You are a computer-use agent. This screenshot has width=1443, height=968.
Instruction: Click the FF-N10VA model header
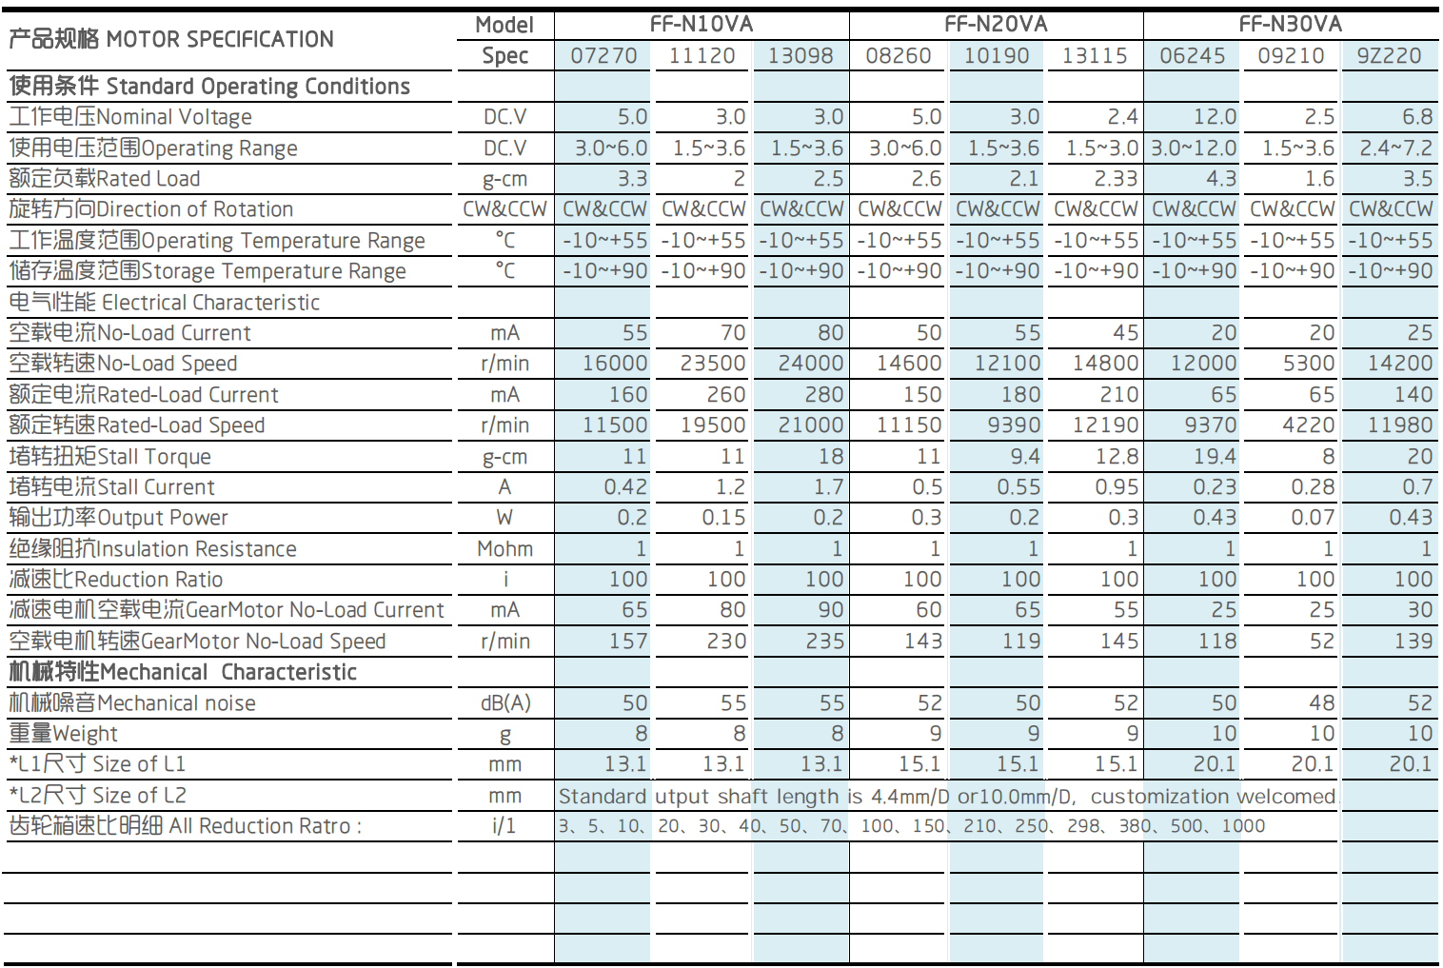coord(701,25)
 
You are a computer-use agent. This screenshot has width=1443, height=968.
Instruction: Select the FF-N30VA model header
coord(1291,25)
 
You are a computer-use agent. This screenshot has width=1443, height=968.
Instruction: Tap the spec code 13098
coord(801,56)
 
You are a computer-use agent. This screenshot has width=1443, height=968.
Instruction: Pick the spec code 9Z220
coord(1390,56)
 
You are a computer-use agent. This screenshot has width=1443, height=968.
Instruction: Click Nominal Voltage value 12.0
coord(1215,116)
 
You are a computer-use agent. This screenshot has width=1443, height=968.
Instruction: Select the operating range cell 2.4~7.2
coord(1396,148)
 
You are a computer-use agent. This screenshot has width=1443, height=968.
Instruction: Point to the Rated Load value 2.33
coord(1117,178)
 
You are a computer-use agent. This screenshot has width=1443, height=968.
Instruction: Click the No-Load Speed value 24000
coord(810,364)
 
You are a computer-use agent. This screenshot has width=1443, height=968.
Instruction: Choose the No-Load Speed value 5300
coord(1309,364)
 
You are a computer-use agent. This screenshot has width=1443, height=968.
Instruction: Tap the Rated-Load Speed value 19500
coord(713,425)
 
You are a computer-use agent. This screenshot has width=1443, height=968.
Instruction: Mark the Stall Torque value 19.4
coord(1215,456)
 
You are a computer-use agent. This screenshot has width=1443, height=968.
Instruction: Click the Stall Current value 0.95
coord(1117,487)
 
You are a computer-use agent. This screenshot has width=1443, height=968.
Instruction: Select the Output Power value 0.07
coord(1313,517)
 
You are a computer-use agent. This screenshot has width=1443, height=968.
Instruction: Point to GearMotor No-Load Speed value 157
coord(628,641)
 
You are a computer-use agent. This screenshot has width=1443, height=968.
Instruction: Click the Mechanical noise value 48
coord(1321,702)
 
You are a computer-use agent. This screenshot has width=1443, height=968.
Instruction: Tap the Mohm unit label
coord(505,549)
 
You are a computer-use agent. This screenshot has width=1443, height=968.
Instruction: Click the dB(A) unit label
coord(505,702)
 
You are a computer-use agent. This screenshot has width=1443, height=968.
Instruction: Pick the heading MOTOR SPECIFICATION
coord(220,39)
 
